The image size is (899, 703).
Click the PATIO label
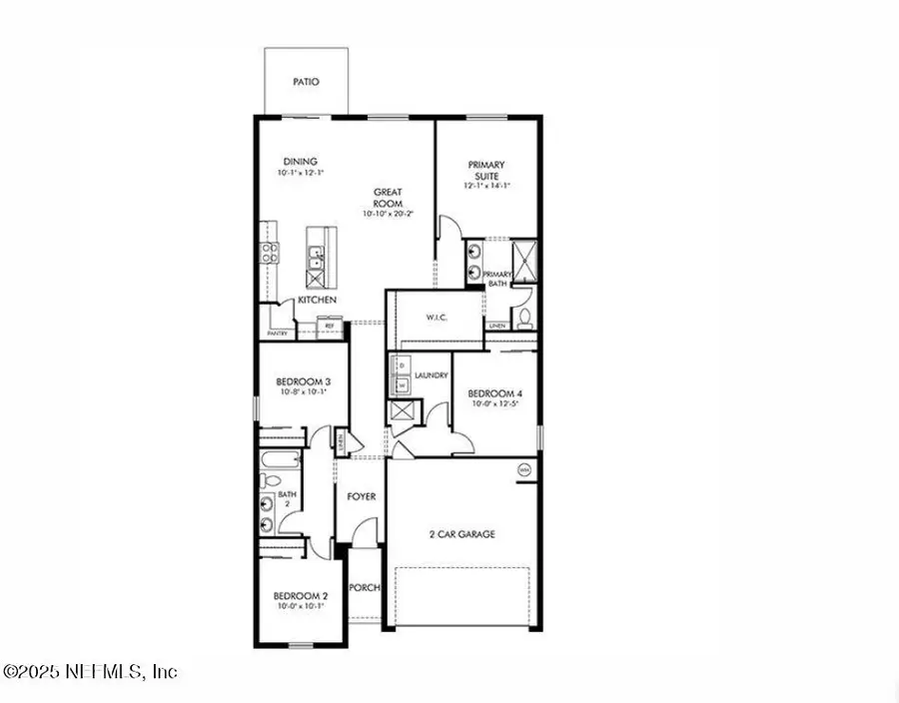click(306, 82)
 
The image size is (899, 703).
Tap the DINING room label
click(300, 162)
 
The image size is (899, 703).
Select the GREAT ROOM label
click(388, 197)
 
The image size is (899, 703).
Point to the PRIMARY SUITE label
click(486, 171)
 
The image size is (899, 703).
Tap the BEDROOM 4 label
click(494, 393)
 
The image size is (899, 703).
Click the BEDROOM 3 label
click(303, 382)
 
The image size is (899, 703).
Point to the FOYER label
click(360, 496)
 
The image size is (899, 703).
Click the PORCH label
click(365, 588)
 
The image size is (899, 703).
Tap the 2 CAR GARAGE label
click(461, 534)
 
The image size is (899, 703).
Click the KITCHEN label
click(317, 301)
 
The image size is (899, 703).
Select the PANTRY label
click(277, 334)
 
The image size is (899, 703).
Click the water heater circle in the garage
click(522, 469)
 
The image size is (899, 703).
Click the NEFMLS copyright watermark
click(90, 671)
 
